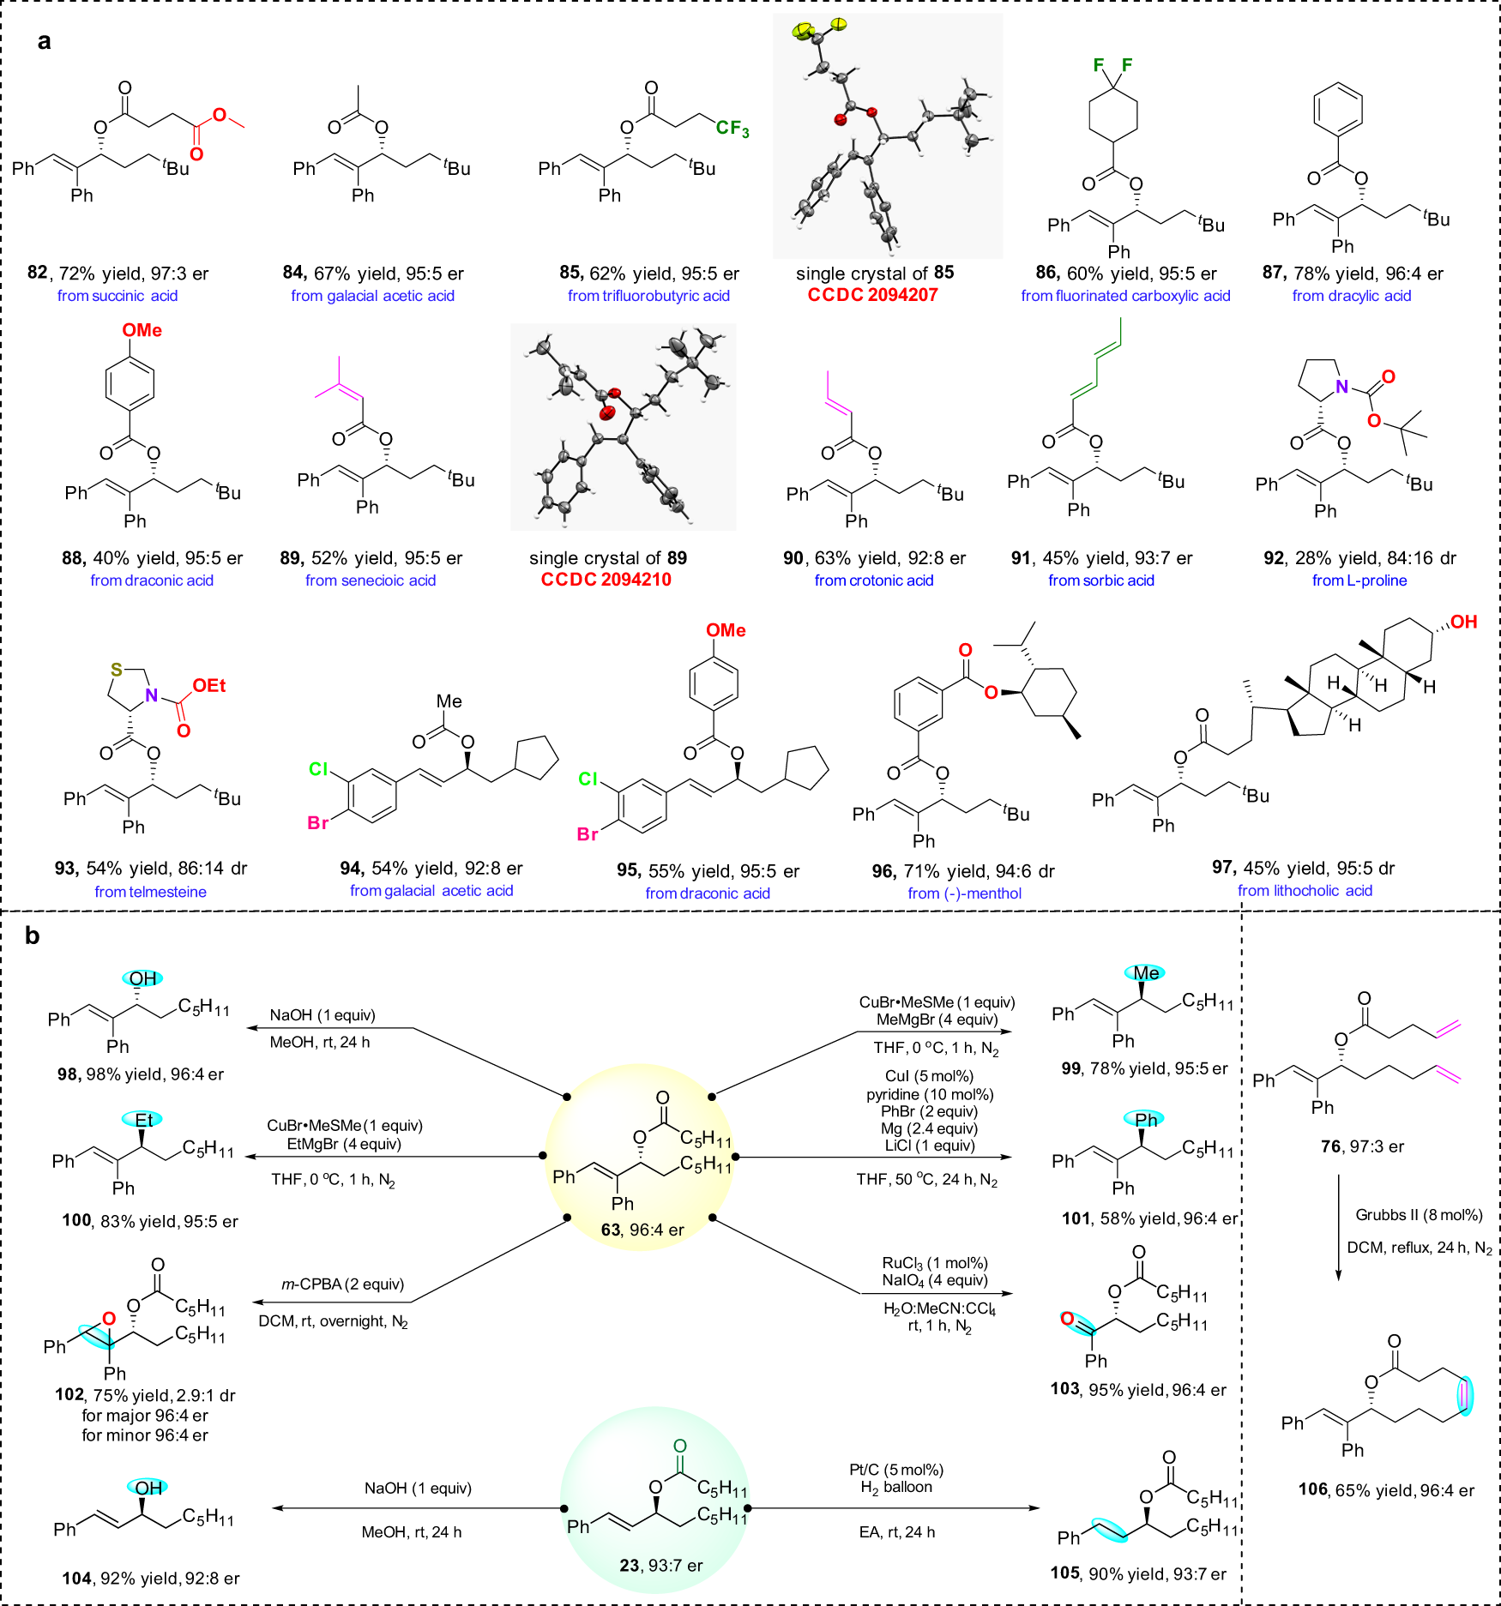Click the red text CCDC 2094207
(872, 295)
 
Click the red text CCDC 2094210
(606, 580)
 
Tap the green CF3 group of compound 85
(732, 129)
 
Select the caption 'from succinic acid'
(118, 296)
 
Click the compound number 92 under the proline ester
(1273, 558)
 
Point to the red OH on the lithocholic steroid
(1463, 622)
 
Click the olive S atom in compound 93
(116, 671)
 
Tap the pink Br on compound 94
(317, 823)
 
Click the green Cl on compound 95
(588, 779)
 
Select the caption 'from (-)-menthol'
(964, 893)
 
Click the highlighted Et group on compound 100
(143, 1120)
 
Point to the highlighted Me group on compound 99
(1146, 973)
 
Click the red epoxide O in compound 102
(108, 1319)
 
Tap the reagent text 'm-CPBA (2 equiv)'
(342, 1284)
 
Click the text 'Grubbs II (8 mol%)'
(1419, 1215)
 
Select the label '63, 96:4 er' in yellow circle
(642, 1230)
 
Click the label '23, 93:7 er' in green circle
(660, 1566)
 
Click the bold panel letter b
(32, 935)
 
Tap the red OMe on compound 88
(142, 330)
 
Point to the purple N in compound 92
(1341, 387)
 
